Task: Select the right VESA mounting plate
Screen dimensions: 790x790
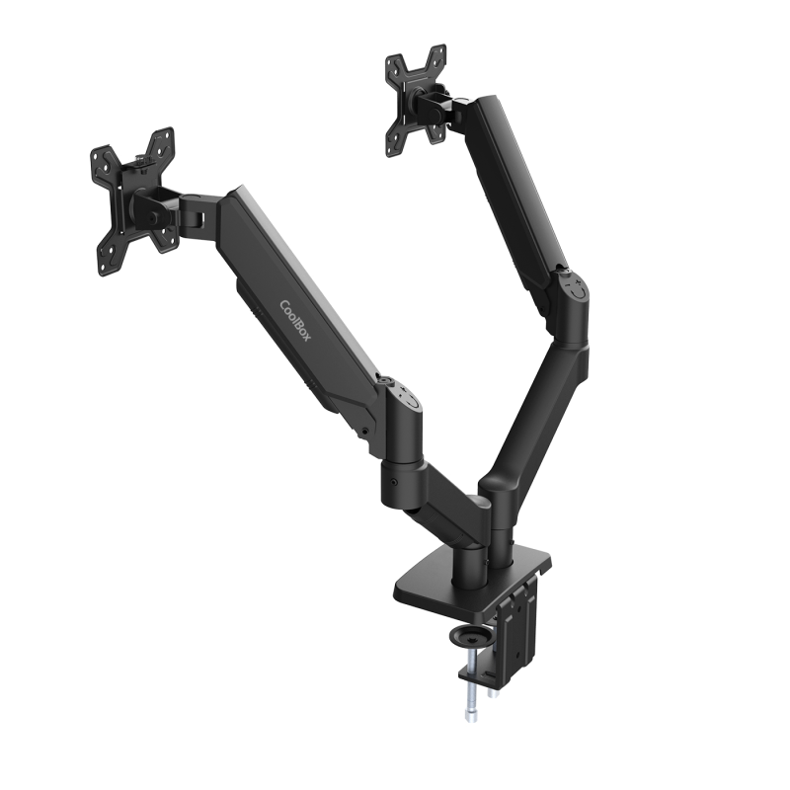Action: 415,100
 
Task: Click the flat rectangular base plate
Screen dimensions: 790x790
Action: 464,583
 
